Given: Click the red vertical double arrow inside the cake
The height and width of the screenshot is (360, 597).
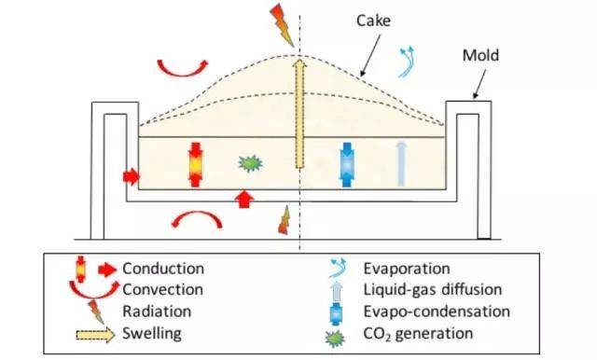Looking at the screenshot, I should coord(195,161).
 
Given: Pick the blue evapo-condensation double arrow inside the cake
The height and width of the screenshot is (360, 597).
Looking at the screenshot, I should coord(348,161).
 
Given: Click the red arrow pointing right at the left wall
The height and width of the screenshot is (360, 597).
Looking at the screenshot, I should coord(131,174).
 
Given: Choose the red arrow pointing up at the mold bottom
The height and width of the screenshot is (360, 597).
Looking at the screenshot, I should coord(244,197).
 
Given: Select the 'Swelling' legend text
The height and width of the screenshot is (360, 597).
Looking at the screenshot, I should coord(151,332).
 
